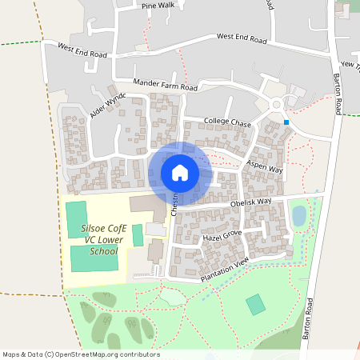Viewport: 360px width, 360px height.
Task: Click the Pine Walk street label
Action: (x=158, y=6)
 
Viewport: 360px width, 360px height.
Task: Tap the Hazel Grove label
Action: (x=222, y=237)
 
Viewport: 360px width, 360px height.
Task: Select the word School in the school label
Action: (x=103, y=251)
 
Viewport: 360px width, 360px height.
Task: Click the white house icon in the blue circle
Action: (x=180, y=173)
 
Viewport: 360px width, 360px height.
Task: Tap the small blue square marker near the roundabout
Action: (x=286, y=122)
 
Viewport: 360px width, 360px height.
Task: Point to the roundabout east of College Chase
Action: (x=278, y=103)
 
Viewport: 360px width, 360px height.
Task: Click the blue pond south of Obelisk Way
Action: (x=298, y=215)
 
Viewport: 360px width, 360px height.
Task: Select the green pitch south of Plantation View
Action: (x=255, y=304)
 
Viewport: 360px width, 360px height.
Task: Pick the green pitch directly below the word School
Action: (x=94, y=258)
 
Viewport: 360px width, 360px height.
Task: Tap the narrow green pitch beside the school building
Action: (x=138, y=235)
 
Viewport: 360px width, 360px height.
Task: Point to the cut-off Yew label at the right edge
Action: (x=349, y=64)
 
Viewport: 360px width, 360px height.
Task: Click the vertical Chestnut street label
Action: (x=174, y=204)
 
